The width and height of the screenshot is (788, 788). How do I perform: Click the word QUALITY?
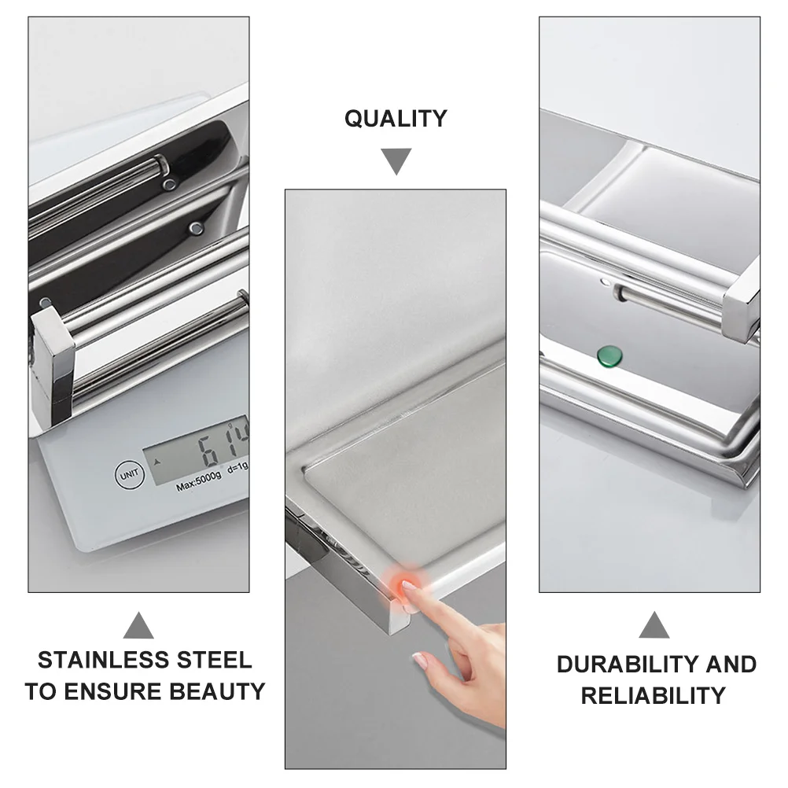[396, 119]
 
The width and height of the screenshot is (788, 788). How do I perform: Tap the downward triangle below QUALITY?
[396, 160]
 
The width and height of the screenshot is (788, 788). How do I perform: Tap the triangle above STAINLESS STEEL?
[138, 626]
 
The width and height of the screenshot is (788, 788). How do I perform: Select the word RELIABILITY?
[653, 696]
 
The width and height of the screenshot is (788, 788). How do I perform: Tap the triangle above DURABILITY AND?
[654, 626]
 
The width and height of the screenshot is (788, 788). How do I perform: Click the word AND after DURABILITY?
[731, 665]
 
